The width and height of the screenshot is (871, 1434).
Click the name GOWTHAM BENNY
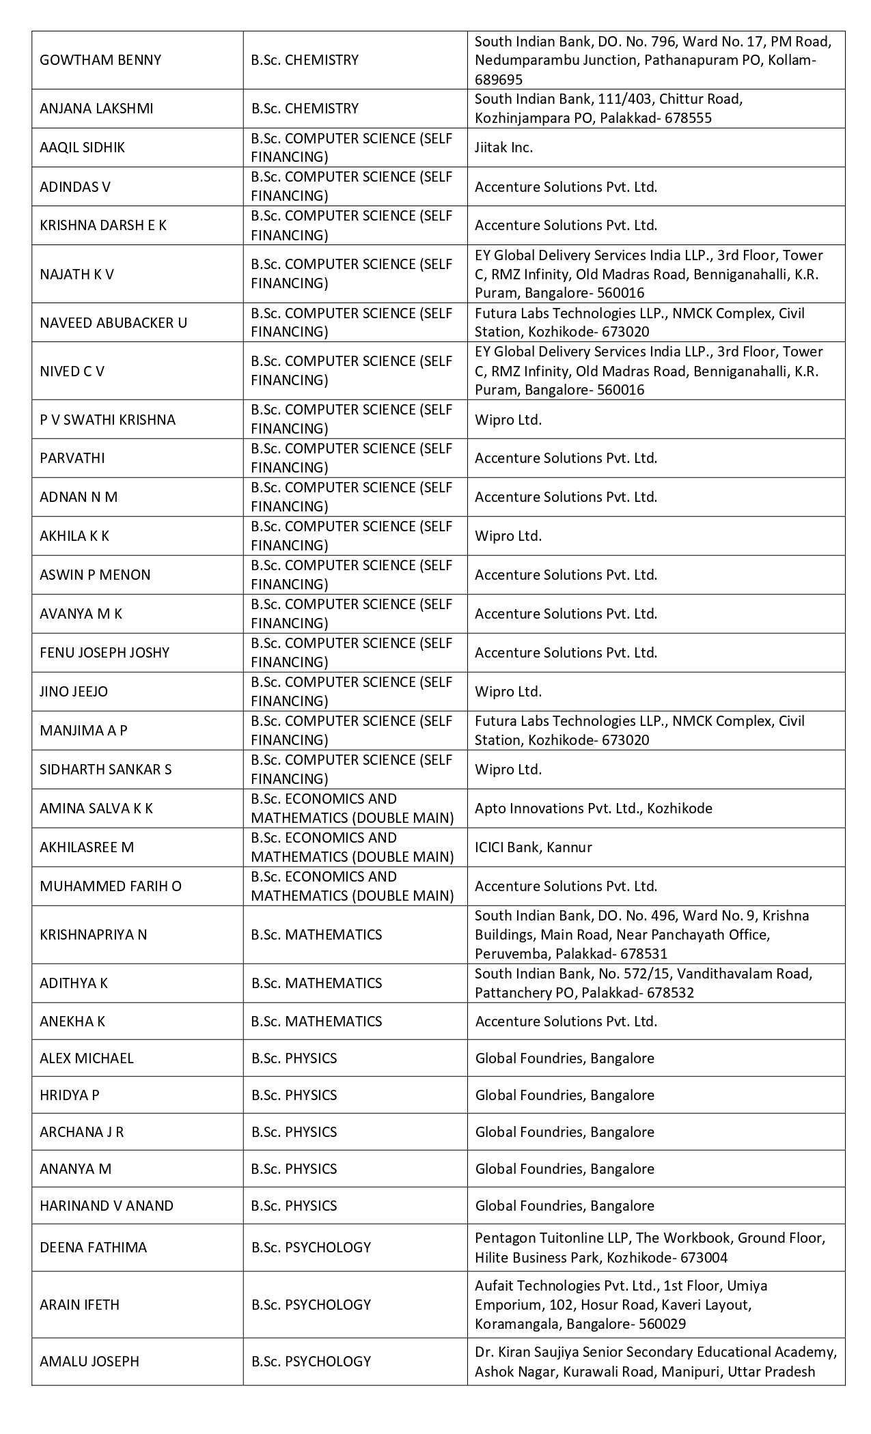click(100, 60)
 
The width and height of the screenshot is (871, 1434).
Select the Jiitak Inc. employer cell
click(503, 147)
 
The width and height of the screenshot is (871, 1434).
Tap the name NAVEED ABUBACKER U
click(113, 322)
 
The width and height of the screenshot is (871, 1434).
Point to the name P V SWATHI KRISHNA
click(107, 419)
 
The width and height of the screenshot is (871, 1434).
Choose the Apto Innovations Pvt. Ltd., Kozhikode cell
click(593, 808)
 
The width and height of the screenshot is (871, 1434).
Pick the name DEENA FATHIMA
click(93, 1247)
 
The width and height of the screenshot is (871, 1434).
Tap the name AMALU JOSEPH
click(89, 1361)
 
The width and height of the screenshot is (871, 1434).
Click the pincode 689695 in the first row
click(499, 79)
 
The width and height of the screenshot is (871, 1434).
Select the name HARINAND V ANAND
click(107, 1205)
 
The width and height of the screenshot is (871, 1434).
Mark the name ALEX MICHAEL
click(87, 1058)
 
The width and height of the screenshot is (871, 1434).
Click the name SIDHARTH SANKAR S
click(106, 769)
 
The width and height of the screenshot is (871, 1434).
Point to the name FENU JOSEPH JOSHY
click(105, 652)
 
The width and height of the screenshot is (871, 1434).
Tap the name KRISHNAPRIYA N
click(93, 934)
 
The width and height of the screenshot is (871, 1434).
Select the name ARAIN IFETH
click(79, 1304)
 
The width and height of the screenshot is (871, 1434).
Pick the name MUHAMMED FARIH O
click(111, 886)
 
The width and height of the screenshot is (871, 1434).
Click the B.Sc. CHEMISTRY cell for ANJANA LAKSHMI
click(305, 108)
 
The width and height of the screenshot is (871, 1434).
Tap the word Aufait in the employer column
click(494, 1285)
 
